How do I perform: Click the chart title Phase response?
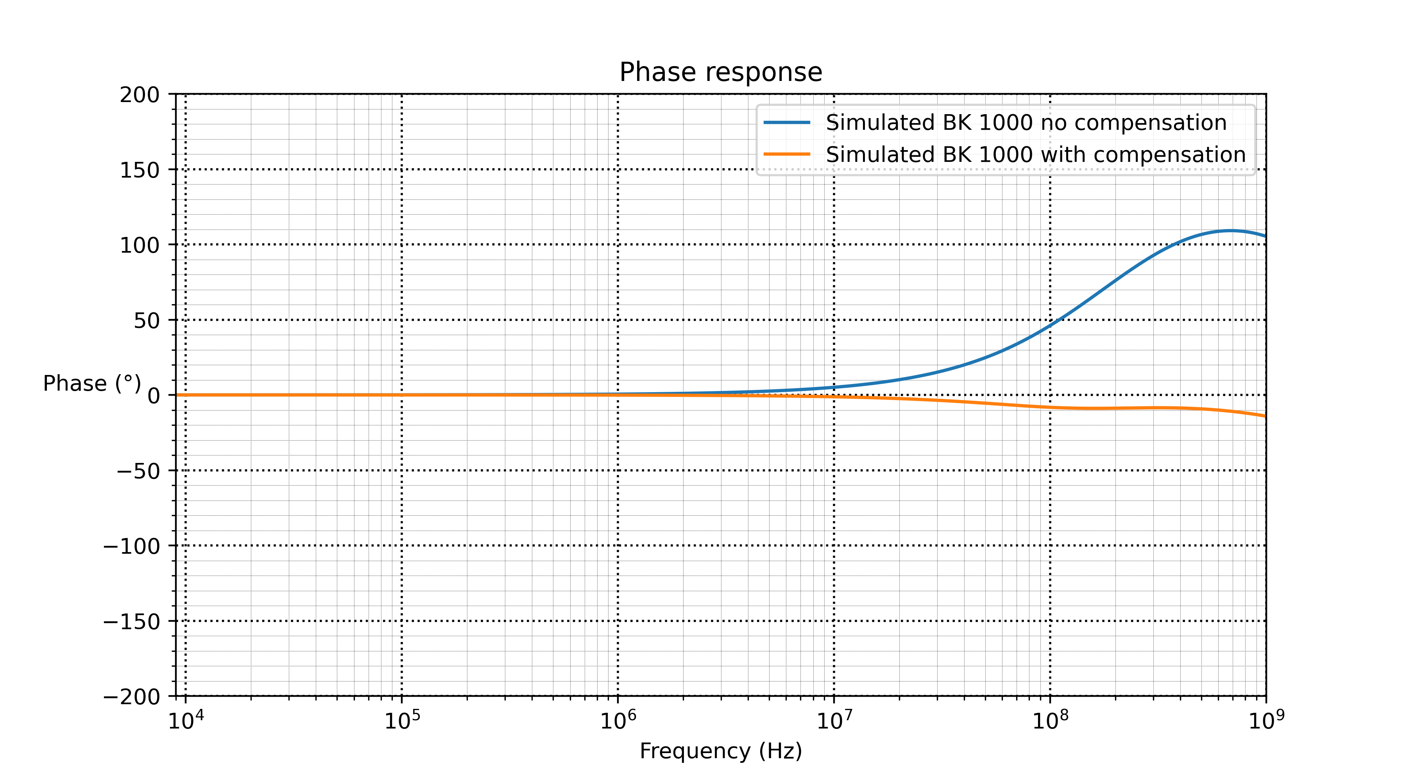click(x=720, y=72)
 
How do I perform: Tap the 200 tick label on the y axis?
click(x=140, y=95)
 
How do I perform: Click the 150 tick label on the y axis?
click(x=140, y=170)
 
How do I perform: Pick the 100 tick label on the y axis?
click(x=140, y=246)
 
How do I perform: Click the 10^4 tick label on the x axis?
click(x=185, y=720)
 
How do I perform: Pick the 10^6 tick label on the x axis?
click(x=618, y=720)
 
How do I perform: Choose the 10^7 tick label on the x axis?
click(x=834, y=720)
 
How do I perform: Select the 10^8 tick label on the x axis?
click(x=1050, y=720)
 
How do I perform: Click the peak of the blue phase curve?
click(x=1230, y=231)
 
